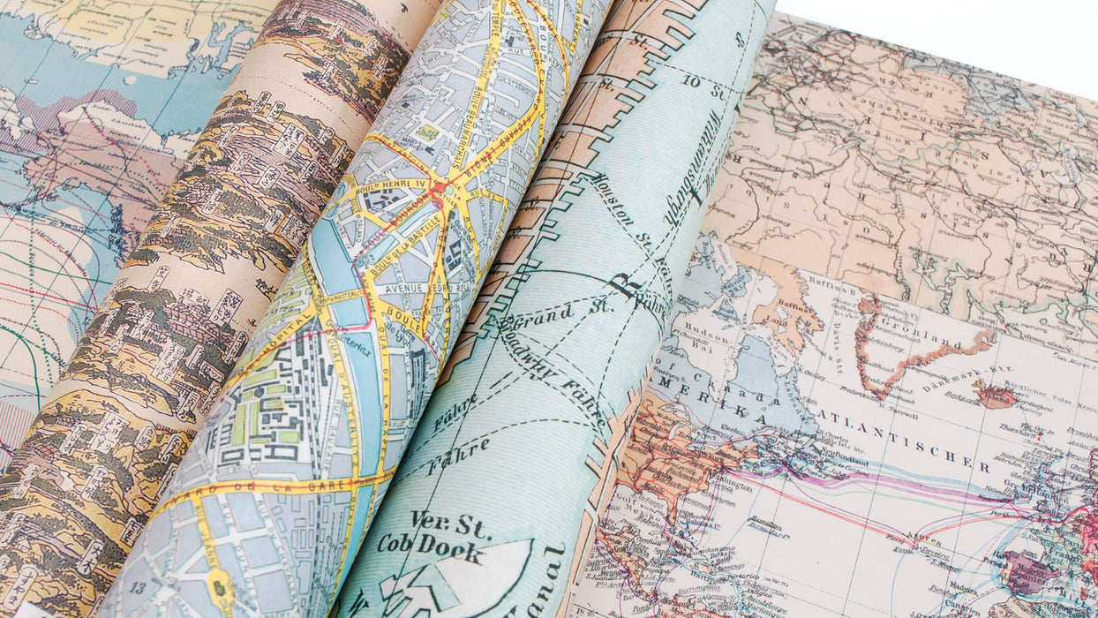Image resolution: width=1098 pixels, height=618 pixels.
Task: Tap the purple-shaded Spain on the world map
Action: tap(1029, 572)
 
